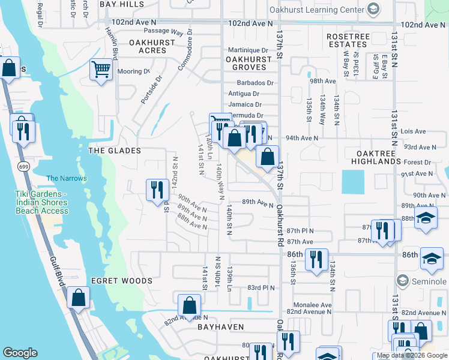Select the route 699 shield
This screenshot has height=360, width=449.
23,166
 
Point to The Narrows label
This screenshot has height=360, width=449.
67,178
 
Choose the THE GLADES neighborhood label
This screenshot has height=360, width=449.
115,151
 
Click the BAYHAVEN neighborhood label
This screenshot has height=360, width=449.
221,327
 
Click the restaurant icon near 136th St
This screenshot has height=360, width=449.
316,259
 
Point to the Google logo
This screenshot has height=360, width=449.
20,353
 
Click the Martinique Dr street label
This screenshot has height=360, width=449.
248,50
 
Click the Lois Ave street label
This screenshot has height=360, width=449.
413,131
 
